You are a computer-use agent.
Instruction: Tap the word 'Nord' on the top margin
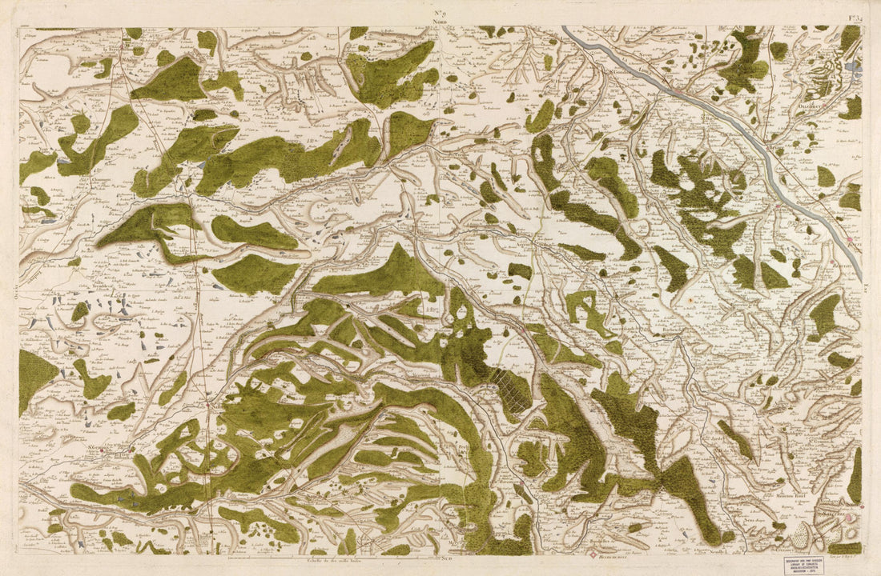440,22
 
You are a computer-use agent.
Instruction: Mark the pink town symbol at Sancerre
851,519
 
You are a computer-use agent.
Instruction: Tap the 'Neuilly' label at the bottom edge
715,551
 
